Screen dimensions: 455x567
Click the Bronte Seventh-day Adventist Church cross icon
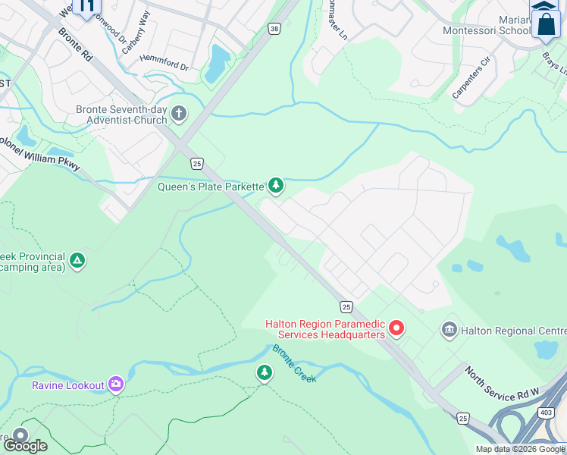point(179,115)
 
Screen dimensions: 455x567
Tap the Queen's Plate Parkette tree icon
point(277,185)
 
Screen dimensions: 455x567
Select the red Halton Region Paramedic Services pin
point(396,329)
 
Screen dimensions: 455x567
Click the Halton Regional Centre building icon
point(449,331)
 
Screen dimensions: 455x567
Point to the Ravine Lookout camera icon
point(116,384)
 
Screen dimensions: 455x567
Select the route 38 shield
point(274,28)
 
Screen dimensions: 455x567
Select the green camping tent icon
point(77,262)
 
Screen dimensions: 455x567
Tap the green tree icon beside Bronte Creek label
point(264,372)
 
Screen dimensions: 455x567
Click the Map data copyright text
point(520,449)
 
